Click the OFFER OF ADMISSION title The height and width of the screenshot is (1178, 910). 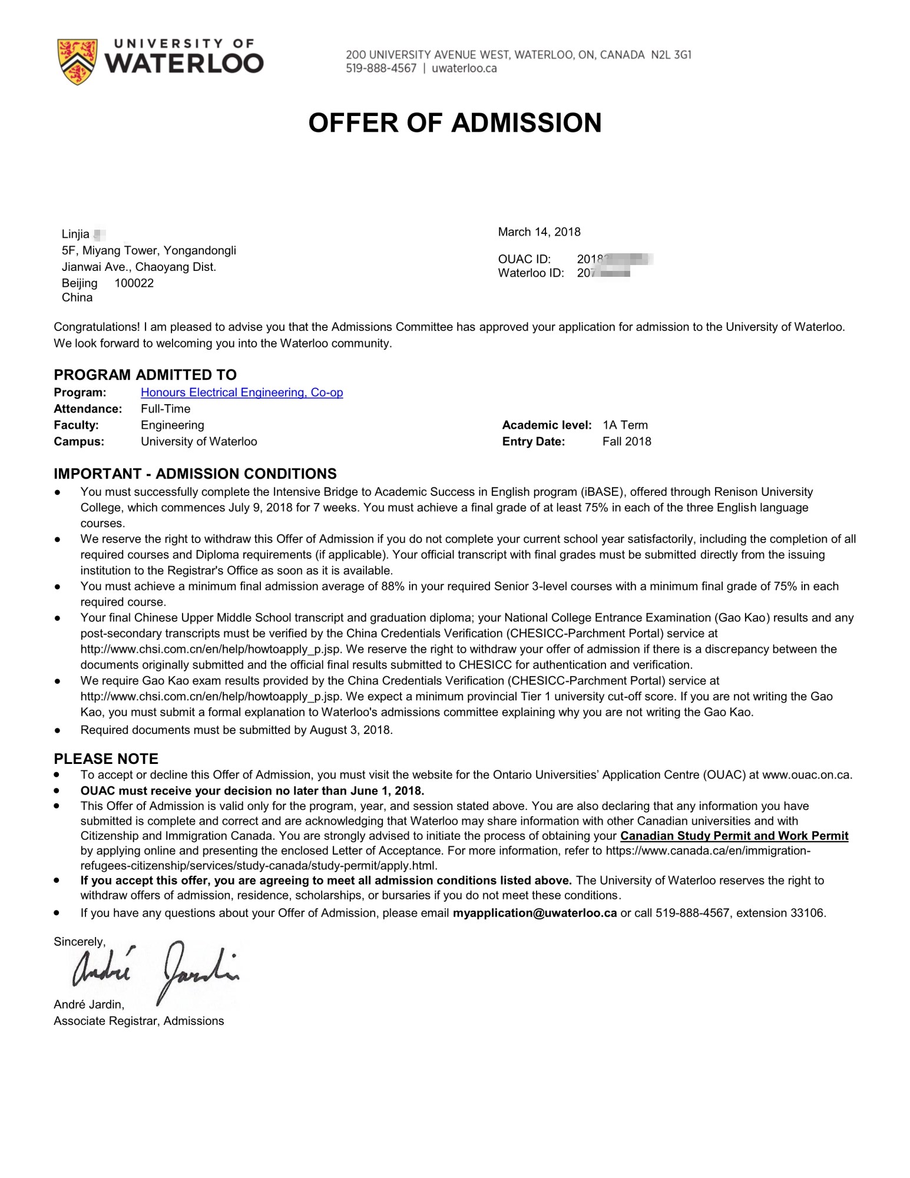tap(455, 123)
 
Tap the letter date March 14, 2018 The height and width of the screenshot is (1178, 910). tap(539, 232)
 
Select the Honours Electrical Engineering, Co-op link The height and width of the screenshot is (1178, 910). tap(241, 393)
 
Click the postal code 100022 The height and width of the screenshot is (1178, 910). tap(134, 283)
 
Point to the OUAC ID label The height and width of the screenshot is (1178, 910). tap(524, 259)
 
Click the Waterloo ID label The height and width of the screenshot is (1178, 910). tap(531, 273)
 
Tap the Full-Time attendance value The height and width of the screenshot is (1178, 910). tap(166, 409)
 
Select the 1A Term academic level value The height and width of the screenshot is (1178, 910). tap(625, 425)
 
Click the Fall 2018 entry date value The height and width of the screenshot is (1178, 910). tap(627, 442)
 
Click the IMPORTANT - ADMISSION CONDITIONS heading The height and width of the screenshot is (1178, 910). tap(195, 474)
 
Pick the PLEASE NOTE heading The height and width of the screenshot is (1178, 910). tap(106, 759)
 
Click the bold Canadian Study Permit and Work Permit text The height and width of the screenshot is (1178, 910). tap(734, 836)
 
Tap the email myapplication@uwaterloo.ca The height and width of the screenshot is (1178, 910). tap(535, 913)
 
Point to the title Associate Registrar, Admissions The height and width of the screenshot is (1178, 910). tap(138, 1021)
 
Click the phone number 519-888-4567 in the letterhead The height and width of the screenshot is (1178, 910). tap(380, 68)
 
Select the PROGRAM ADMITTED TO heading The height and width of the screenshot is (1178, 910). tap(145, 375)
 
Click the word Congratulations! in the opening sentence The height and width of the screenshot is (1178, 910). tap(97, 327)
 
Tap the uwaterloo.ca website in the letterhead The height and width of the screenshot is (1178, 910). tap(464, 68)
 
